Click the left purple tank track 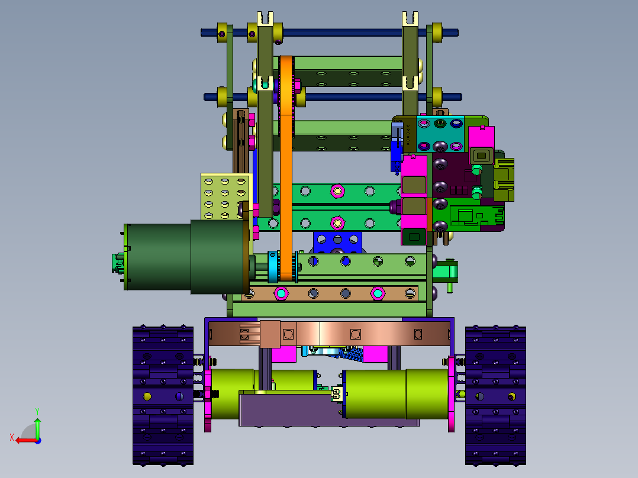tap(163, 395)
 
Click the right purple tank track tap(495, 395)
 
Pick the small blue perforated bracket tap(337, 243)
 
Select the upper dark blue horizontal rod tap(330, 33)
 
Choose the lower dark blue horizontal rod tap(333, 97)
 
